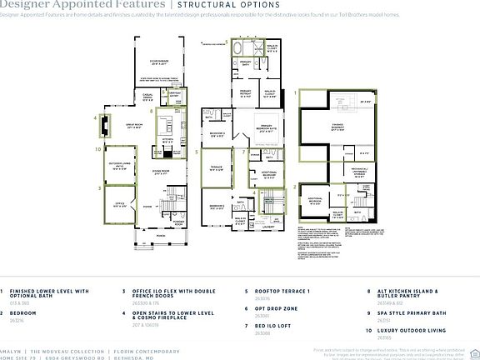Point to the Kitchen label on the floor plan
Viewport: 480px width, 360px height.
pos(167,140)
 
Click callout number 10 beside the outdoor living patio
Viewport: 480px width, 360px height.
pos(97,149)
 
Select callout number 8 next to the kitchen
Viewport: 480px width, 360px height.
pos(150,110)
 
